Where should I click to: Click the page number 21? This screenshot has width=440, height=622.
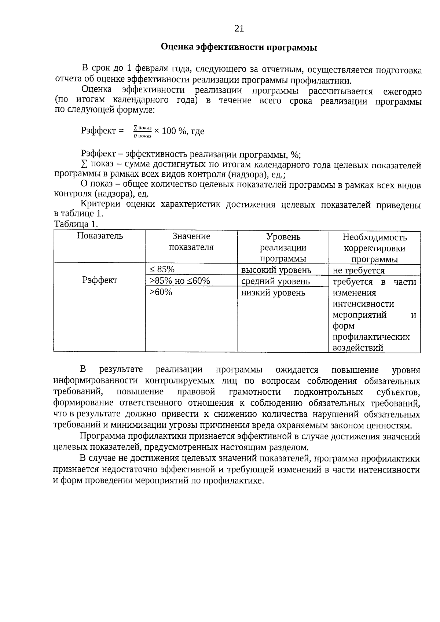(x=239, y=29)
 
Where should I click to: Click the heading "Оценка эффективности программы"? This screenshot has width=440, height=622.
(x=239, y=48)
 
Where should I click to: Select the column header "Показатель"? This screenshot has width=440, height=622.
(x=100, y=236)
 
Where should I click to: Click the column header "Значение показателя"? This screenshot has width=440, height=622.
(x=191, y=242)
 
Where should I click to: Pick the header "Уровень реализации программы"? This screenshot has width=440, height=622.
(x=283, y=247)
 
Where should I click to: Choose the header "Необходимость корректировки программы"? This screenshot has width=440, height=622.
(x=374, y=248)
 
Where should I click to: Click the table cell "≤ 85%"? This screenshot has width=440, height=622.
(x=162, y=269)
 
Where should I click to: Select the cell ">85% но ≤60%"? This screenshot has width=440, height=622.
(x=180, y=281)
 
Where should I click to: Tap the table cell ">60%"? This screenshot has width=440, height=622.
(x=161, y=292)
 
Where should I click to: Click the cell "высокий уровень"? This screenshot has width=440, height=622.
(x=276, y=270)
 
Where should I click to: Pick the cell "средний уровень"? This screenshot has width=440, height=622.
(x=275, y=281)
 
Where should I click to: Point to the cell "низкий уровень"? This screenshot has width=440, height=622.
(x=273, y=293)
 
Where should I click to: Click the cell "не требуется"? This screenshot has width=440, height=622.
(x=359, y=271)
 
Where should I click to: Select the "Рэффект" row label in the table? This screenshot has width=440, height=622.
(x=100, y=280)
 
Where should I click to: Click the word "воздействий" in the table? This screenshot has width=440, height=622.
(x=358, y=348)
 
